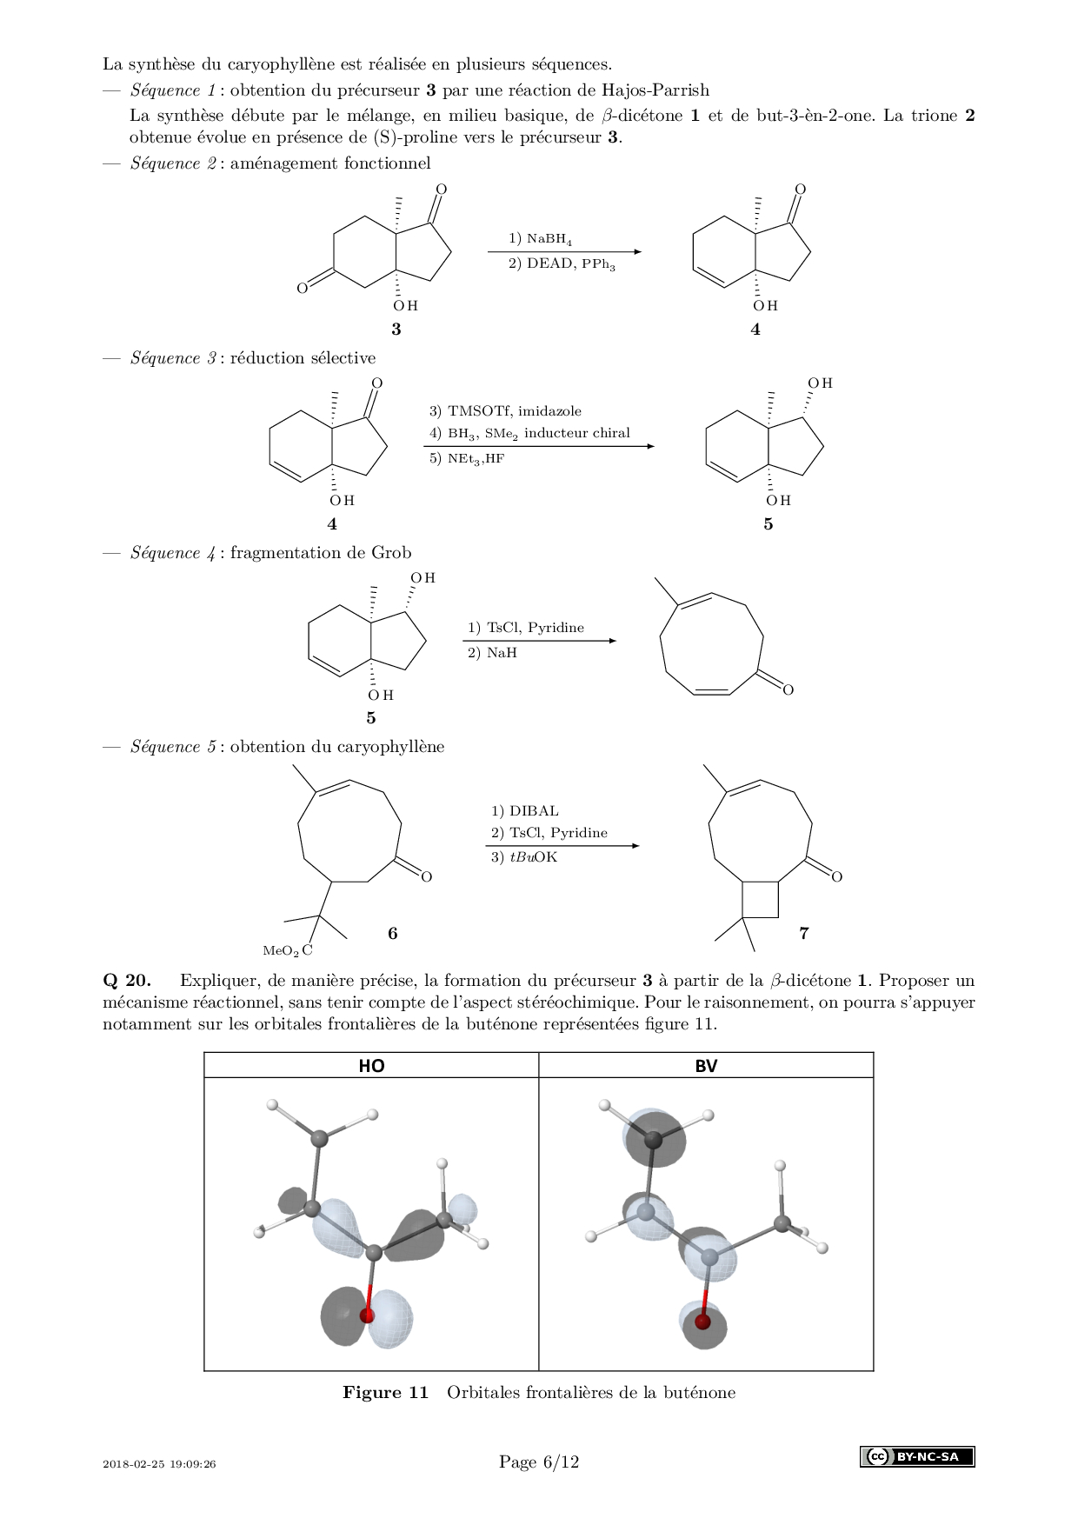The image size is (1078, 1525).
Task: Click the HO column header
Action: (371, 1066)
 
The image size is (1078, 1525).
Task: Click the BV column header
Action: (706, 1066)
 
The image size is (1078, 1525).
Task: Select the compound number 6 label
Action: (393, 933)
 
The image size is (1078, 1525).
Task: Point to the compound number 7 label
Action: (804, 933)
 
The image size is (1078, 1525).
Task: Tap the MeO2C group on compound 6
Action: (287, 951)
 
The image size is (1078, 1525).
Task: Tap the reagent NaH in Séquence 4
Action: (502, 652)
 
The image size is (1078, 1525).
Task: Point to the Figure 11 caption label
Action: (385, 1392)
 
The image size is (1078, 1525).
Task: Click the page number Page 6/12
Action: (539, 1462)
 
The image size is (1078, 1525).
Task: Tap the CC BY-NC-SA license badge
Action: (917, 1456)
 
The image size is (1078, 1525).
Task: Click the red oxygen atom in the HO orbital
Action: (367, 1315)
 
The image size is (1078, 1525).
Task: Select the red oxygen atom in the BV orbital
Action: (702, 1322)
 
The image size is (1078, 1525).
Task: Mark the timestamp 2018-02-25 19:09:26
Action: (159, 1463)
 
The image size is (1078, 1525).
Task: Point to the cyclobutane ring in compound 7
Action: (760, 899)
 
